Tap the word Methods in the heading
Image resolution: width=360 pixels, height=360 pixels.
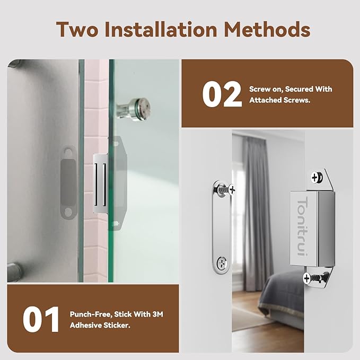(268, 30)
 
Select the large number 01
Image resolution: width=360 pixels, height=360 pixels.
(41, 320)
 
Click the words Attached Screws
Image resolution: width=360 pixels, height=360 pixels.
(279, 100)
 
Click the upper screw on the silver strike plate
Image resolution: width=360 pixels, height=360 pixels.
(230, 188)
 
